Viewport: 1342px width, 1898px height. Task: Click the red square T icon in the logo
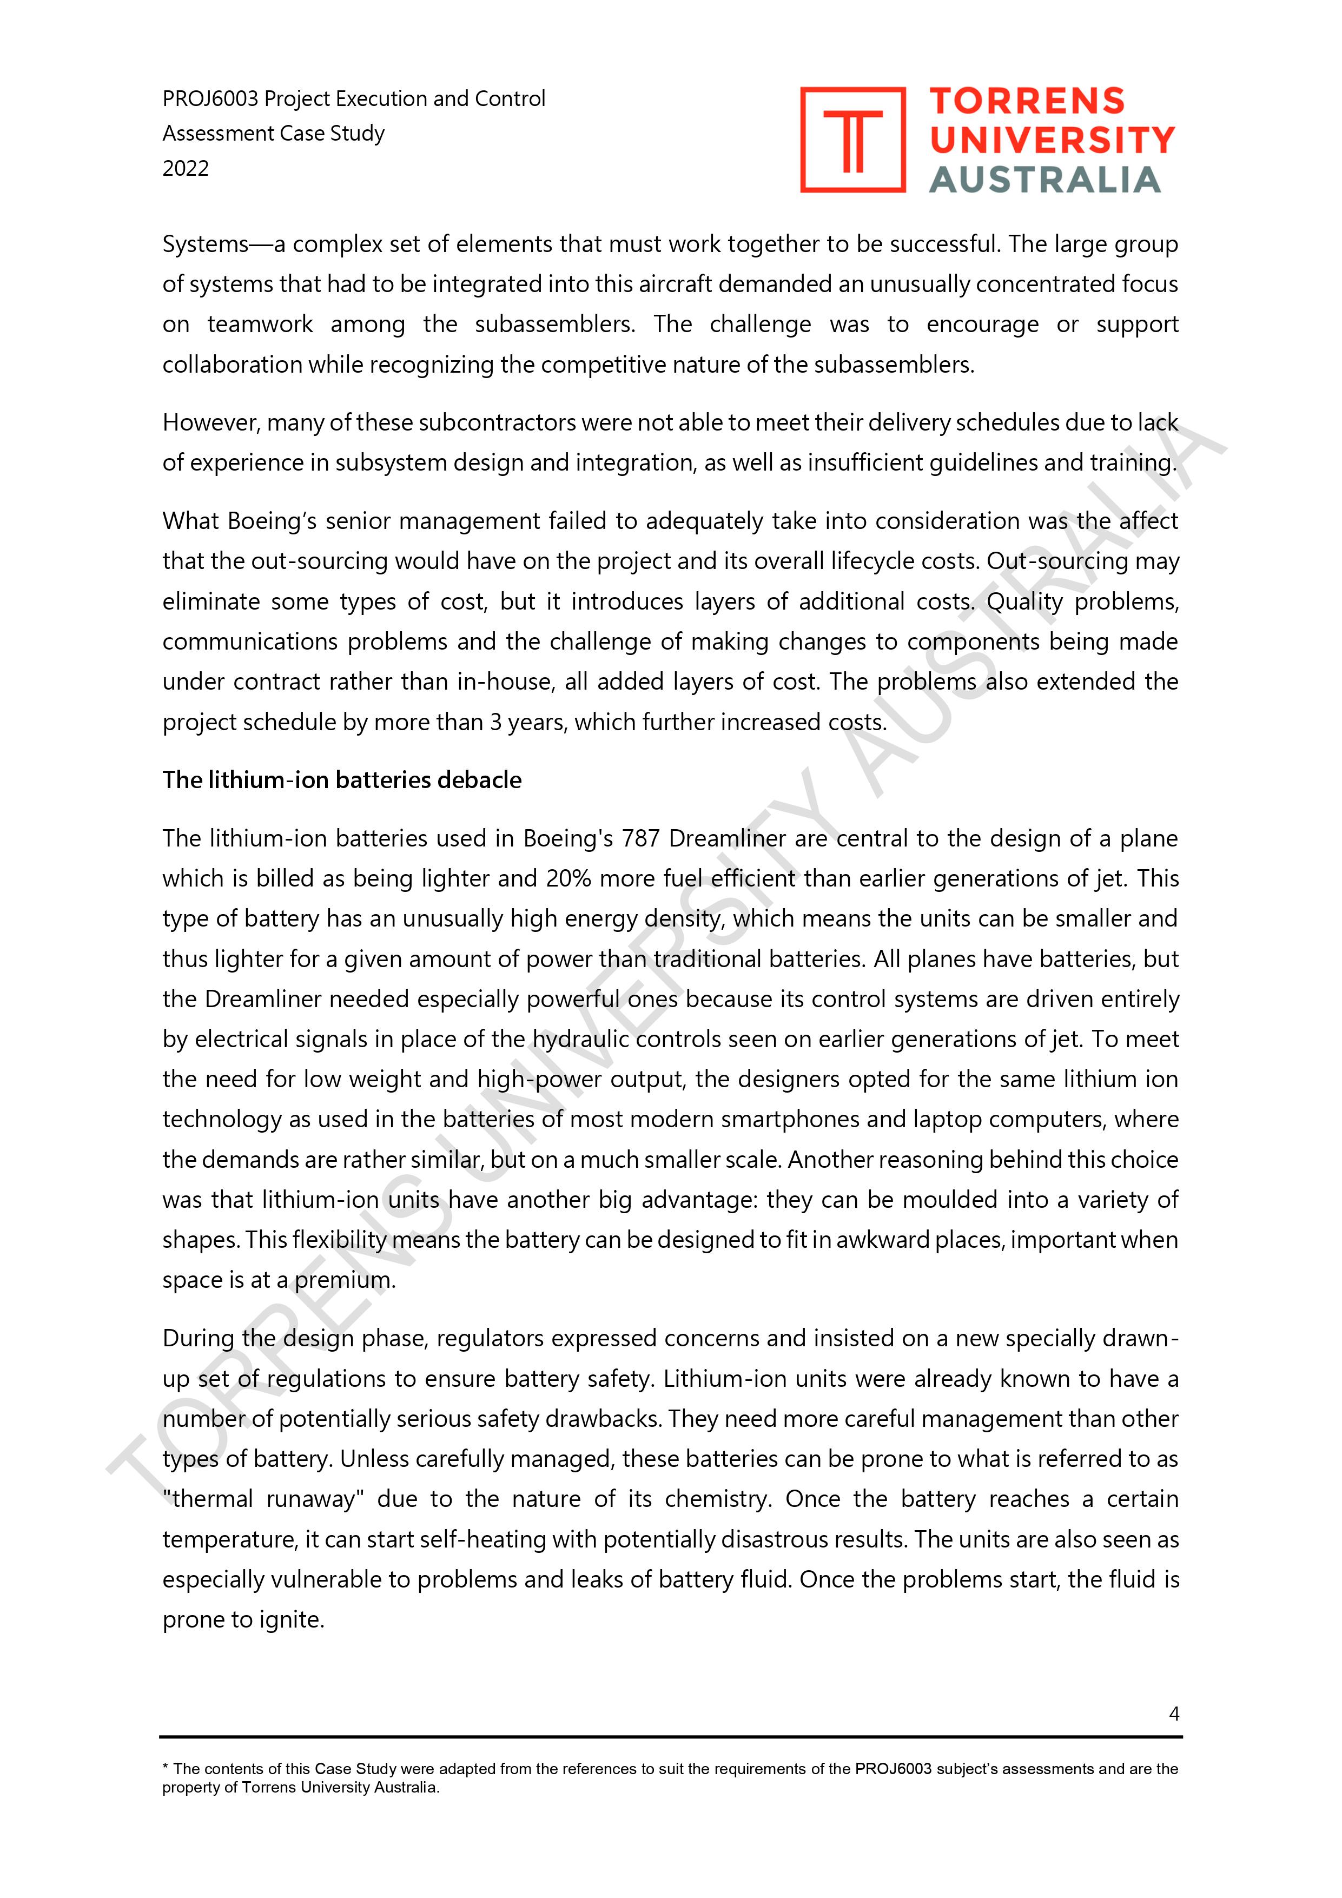tap(852, 140)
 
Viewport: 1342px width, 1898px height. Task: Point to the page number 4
tap(1173, 1714)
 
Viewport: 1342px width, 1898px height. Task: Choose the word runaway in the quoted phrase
tap(314, 1499)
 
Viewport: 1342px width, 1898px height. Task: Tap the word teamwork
tap(260, 324)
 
